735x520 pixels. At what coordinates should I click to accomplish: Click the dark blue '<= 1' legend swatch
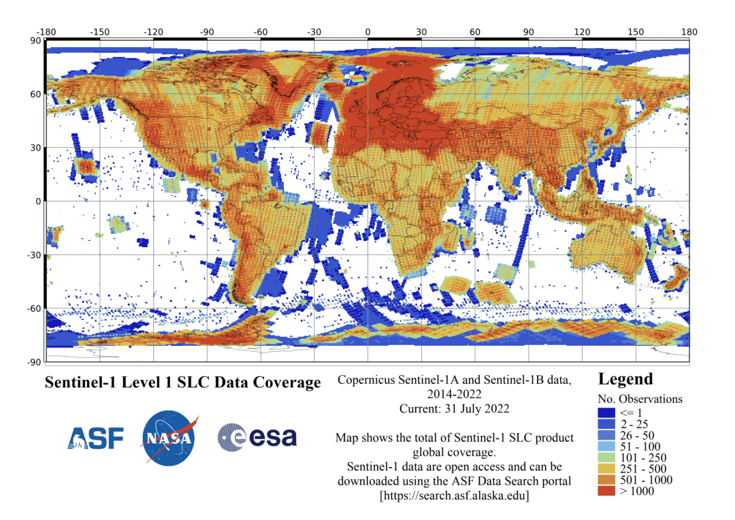606,413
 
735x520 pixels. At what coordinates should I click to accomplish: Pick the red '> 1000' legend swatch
606,491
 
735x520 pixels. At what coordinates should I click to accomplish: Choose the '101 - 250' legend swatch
606,457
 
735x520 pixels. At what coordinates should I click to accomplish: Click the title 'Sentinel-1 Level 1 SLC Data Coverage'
182,383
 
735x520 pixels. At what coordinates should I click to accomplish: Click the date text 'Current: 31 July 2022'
454,408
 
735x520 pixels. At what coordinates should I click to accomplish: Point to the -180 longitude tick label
46,31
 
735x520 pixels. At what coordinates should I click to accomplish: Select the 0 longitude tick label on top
367,31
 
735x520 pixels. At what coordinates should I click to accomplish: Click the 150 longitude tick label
636,31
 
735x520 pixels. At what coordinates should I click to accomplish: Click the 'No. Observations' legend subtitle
640,399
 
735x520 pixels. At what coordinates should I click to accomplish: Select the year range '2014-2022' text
454,394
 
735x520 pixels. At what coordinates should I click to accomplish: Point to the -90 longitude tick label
207,31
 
